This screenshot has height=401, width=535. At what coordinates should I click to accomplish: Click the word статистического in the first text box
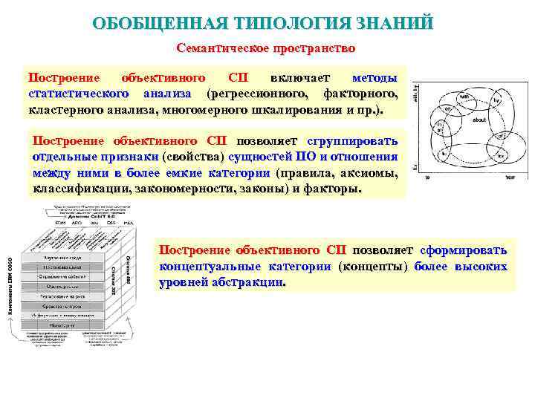(x=77, y=94)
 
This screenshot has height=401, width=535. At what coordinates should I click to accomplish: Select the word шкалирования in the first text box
(x=290, y=110)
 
